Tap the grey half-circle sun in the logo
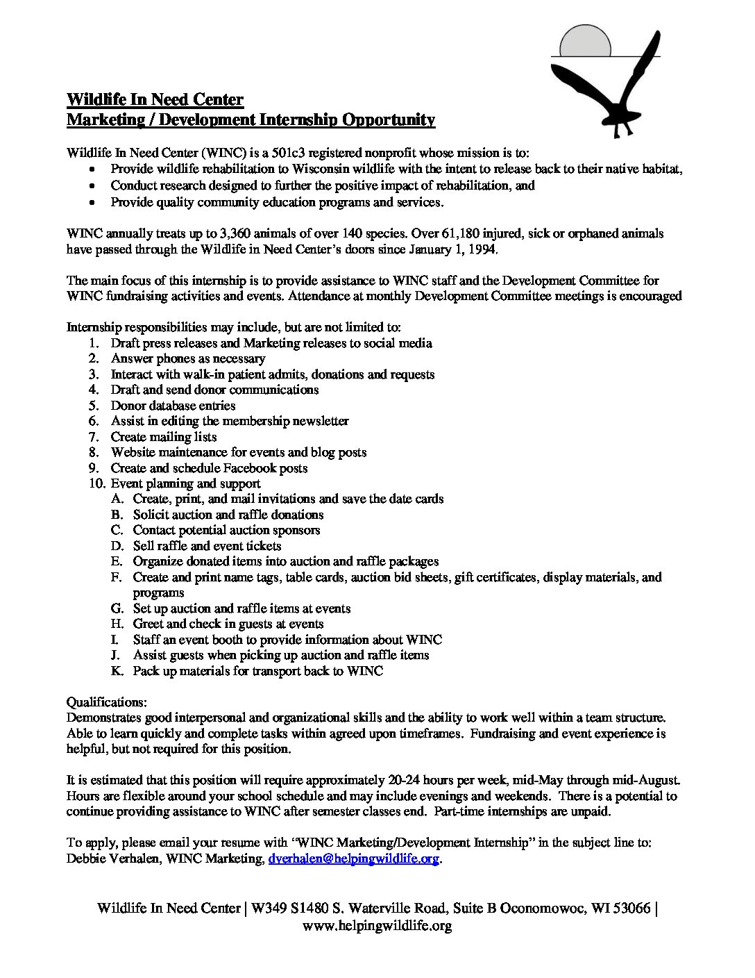click(586, 42)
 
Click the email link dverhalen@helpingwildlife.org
click(354, 859)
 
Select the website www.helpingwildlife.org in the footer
click(377, 925)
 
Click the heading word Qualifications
click(106, 702)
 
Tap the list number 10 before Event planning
click(96, 483)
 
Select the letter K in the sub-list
click(117, 671)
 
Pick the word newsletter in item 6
click(316, 421)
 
